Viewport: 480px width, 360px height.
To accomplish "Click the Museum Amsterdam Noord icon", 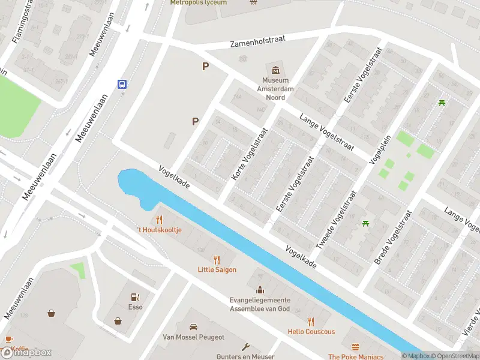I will [275, 70].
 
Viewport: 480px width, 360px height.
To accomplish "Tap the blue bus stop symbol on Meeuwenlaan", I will [122, 84].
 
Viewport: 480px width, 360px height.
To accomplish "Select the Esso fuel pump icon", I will [136, 296].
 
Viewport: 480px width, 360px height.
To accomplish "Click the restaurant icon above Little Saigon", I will [217, 260].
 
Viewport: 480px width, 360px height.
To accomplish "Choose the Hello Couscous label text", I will [311, 332].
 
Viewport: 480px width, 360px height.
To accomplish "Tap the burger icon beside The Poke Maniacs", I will [355, 347].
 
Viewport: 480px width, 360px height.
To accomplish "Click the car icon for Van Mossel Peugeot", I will [193, 327].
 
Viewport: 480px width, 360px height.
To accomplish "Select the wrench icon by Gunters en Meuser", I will [245, 346].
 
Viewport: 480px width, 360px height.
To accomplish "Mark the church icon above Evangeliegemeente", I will [259, 290].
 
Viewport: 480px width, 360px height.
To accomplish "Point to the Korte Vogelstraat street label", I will [249, 154].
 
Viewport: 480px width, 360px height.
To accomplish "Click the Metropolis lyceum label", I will [198, 2].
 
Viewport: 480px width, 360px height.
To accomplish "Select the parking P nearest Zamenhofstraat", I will [205, 67].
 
